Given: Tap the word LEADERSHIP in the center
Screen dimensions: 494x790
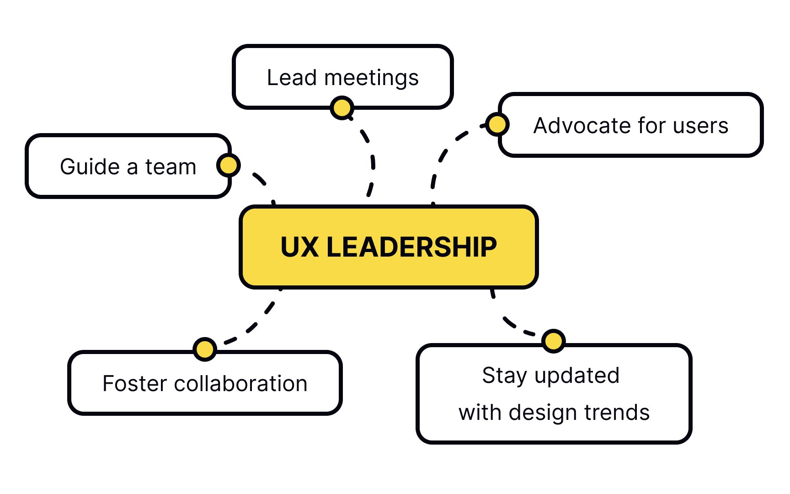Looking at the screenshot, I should coord(411,247).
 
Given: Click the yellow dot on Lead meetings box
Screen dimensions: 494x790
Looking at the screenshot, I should coord(342,108).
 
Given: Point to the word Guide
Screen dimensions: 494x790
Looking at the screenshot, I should coord(90,166).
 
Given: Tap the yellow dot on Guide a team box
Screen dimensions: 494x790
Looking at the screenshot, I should coord(228,165).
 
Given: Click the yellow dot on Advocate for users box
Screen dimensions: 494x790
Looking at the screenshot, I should coord(497,124).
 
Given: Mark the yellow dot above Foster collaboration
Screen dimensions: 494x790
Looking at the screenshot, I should coord(204,349).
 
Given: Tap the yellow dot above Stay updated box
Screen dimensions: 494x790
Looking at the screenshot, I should coord(553,341).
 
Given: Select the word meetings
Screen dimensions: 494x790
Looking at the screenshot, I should coord(371,78).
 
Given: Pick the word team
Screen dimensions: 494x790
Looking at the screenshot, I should coord(171,166).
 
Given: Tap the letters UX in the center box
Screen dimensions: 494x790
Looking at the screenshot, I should coord(299,247).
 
